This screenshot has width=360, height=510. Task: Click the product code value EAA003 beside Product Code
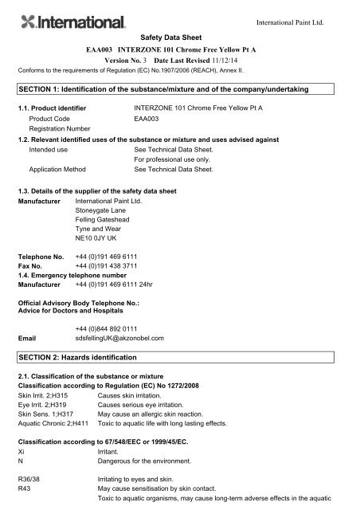tap(148, 117)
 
